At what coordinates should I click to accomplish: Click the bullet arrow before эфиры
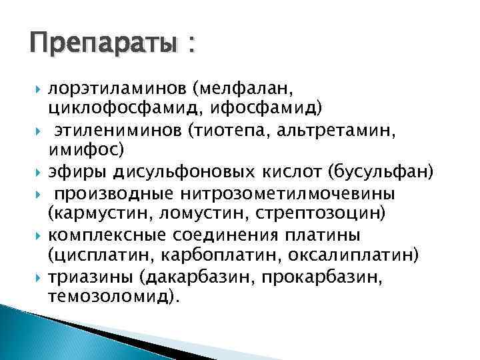39,173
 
